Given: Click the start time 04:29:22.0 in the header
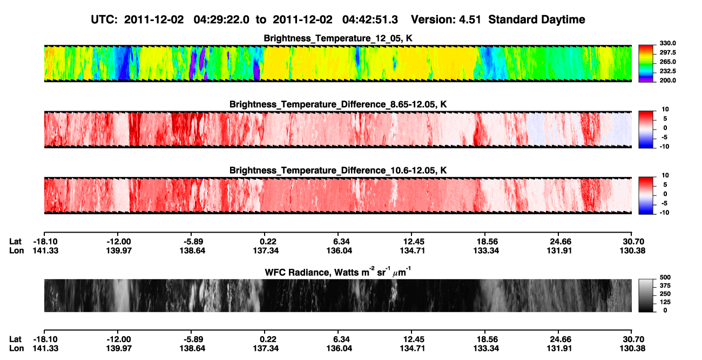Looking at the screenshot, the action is [221, 20].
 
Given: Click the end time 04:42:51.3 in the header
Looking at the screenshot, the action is [370, 20].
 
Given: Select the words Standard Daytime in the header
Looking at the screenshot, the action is [537, 20].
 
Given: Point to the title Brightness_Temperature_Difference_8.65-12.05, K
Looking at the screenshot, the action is [338, 104].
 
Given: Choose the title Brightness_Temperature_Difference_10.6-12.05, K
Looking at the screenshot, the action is [338, 171].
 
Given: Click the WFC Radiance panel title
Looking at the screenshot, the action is [337, 272].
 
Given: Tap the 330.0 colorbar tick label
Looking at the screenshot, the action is [667, 43].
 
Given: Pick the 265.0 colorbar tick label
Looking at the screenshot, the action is [667, 62].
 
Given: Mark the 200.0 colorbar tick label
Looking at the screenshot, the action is [667, 80].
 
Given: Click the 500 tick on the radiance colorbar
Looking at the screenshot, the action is [665, 277].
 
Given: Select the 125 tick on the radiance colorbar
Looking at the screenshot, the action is [665, 302].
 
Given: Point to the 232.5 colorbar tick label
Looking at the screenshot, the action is [667, 71].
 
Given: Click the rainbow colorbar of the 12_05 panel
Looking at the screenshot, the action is [646, 64].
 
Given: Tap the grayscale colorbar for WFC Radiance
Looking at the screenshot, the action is [646, 295].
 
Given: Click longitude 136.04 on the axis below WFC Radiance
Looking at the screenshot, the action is [339, 349].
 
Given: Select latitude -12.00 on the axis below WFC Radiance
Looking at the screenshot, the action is [119, 339].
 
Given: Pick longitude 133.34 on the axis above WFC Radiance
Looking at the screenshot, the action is [486, 250].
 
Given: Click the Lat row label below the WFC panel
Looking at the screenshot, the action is [15, 339].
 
